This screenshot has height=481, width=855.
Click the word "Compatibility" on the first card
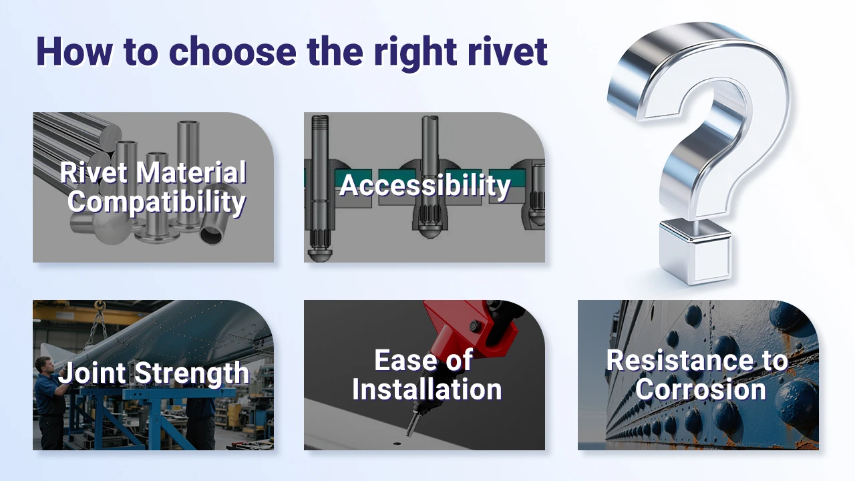pos(156,201)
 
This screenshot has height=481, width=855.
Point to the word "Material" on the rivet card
pos(192,172)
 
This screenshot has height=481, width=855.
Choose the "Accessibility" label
pos(425,185)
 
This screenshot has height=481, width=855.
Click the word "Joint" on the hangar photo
pos(92,373)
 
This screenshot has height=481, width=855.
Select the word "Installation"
pos(427,389)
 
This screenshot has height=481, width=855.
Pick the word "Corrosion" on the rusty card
pos(700,389)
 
